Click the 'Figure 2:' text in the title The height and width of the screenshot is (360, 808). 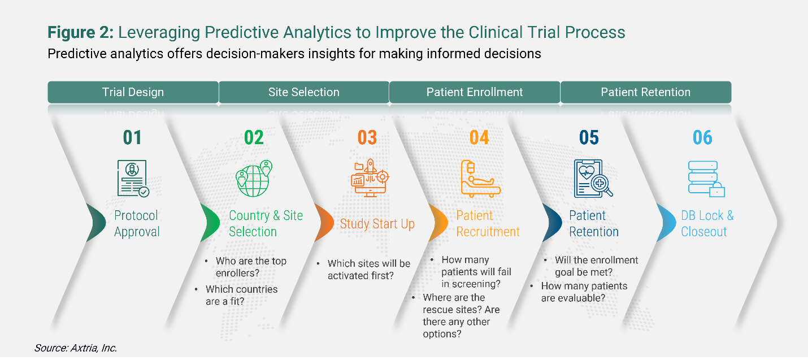coord(81,33)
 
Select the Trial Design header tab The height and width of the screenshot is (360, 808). coord(133,92)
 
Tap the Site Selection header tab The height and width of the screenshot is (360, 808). coord(303,92)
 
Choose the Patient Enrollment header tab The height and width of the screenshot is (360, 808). coord(475,92)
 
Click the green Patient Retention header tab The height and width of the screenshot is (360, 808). coord(645,92)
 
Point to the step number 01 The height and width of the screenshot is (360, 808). coord(133,137)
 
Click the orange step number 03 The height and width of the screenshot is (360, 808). coord(367,137)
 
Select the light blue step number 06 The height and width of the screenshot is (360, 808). coord(703,137)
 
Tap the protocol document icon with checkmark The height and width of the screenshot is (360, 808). coord(133,178)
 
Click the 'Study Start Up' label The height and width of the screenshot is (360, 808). coord(377,224)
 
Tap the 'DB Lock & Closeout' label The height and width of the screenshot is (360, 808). coord(707,224)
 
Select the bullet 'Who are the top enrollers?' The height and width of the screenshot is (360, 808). coord(251,267)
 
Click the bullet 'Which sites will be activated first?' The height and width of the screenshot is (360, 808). coord(368,270)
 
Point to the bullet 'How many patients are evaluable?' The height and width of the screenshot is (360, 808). coord(584,292)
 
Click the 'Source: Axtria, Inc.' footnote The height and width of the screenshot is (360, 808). coord(75,348)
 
